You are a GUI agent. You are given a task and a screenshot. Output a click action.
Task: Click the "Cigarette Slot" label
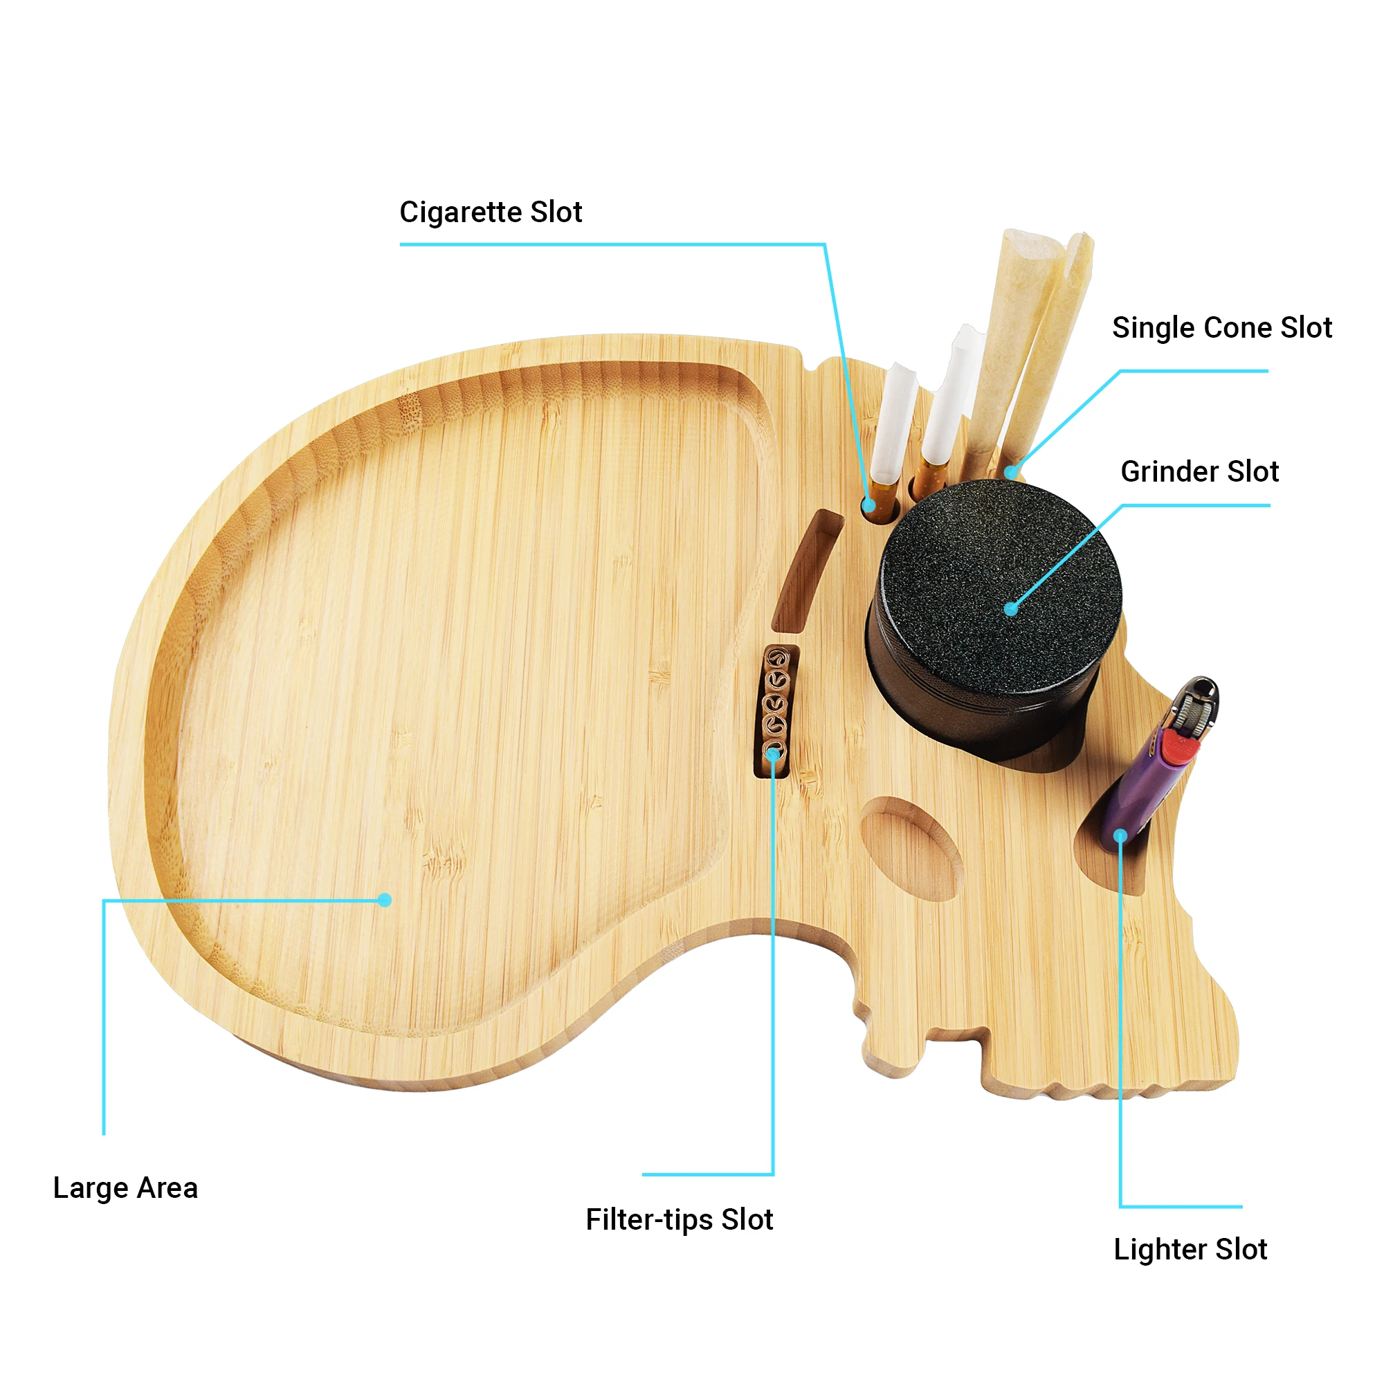[x=490, y=212]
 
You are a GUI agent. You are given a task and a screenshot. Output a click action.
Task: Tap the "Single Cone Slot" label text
[x=1221, y=328]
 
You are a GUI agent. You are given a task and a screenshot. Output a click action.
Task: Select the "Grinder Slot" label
[x=1199, y=471]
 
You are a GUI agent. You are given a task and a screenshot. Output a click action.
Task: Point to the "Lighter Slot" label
[x=1190, y=1249]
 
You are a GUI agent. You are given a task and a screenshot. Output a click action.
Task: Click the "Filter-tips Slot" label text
[x=679, y=1220]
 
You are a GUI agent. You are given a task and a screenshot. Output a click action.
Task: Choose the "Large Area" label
[x=125, y=1187]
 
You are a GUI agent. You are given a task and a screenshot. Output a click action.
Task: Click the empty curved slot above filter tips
[x=808, y=571]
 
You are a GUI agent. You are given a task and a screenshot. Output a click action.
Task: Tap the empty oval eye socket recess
[x=911, y=849]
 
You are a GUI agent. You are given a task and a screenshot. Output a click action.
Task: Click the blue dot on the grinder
[x=1011, y=610]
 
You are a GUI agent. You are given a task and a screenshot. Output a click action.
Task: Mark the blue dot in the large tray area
[x=385, y=900]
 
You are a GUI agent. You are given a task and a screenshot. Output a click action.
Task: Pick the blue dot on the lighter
[x=1120, y=836]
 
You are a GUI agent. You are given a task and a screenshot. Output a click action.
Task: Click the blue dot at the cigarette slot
[x=869, y=505]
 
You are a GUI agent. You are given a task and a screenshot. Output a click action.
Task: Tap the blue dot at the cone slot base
[x=1010, y=471]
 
